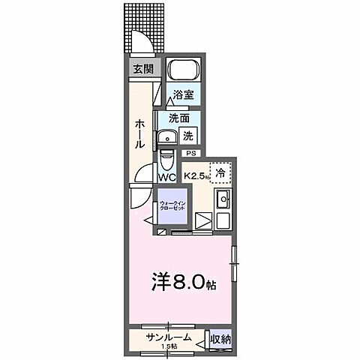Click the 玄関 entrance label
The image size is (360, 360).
click(142, 69)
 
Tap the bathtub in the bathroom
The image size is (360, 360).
click(183, 73)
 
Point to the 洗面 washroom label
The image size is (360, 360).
click(178, 118)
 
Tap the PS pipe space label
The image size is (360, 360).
click(190, 154)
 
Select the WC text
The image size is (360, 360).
click(166, 178)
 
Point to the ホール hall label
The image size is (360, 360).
click(140, 133)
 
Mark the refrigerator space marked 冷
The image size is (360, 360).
click(220, 173)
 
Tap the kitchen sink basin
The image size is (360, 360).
click(222, 200)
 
